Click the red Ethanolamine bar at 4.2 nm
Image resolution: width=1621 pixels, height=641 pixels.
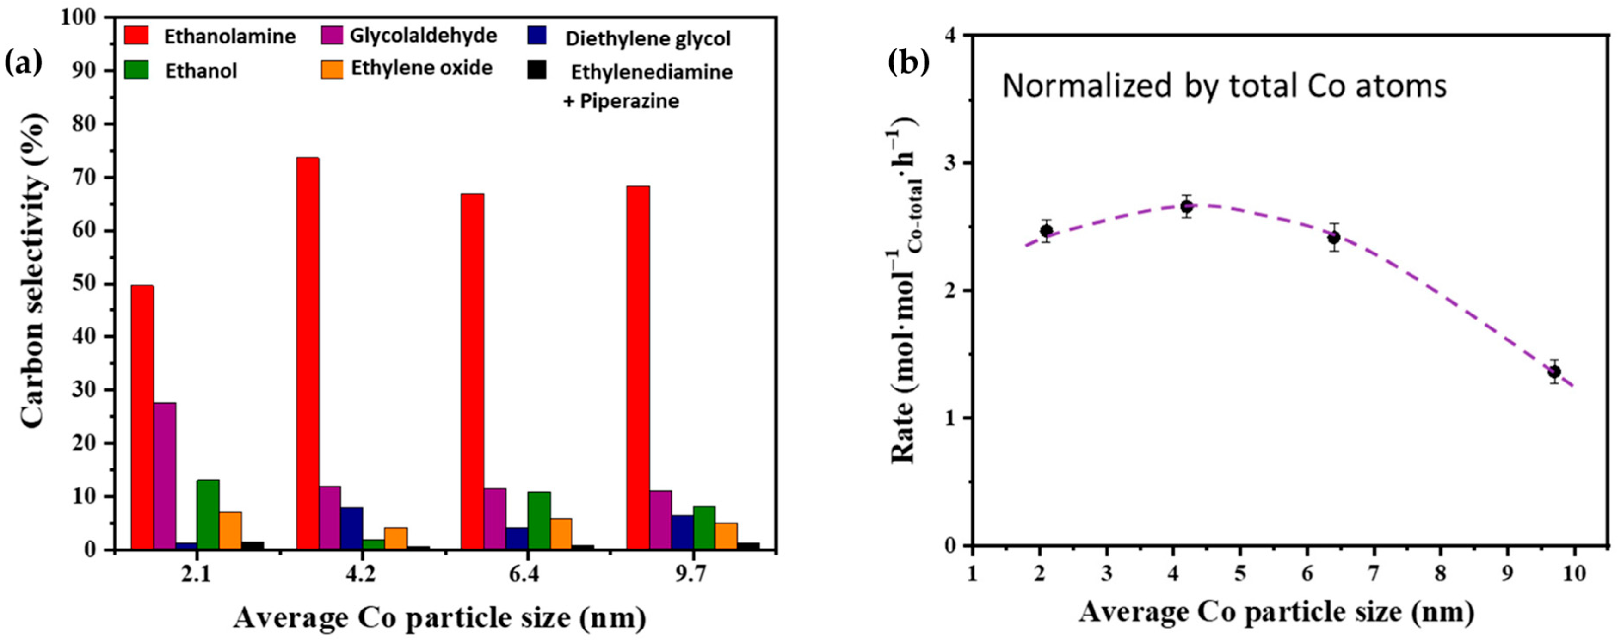point(308,352)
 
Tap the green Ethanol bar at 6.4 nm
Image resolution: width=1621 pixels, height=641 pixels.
point(539,520)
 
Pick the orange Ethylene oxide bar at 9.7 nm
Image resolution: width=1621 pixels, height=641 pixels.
point(726,536)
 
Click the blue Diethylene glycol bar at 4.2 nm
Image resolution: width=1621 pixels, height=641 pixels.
point(352,529)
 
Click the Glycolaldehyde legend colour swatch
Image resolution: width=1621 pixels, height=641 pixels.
point(332,35)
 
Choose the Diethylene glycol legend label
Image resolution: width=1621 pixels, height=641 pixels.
point(647,39)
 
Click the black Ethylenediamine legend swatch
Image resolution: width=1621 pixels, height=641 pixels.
point(536,70)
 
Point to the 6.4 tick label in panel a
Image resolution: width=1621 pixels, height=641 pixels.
point(525,576)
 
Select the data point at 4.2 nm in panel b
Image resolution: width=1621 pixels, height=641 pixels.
point(1187,206)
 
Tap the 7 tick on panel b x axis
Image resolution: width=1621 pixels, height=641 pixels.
point(1374,573)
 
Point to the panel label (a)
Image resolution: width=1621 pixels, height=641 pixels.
point(23,62)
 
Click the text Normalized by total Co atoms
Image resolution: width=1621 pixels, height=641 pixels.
point(1224,86)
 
